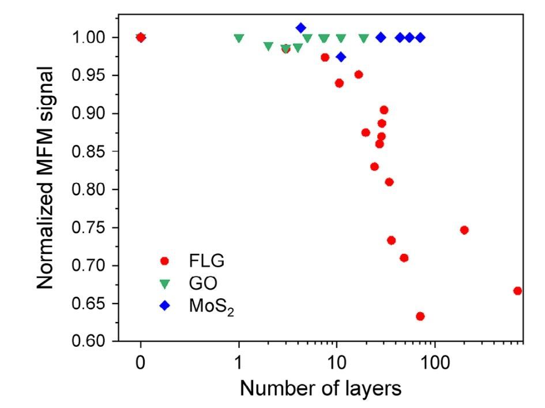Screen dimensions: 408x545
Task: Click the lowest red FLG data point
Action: pyautogui.click(x=420, y=316)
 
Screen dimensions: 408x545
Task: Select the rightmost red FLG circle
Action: pyautogui.click(x=517, y=291)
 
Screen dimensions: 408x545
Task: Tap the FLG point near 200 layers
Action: pyautogui.click(x=464, y=230)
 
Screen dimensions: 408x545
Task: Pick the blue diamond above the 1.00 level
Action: pyautogui.click(x=300, y=28)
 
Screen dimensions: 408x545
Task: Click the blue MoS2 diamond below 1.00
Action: pyautogui.click(x=341, y=57)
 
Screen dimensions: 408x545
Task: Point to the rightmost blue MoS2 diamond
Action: pyautogui.click(x=420, y=38)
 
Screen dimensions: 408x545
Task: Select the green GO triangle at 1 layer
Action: pyautogui.click(x=239, y=38)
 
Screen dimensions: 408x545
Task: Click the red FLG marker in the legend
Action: pyautogui.click(x=164, y=261)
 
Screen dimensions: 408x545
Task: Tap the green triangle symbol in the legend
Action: pyautogui.click(x=164, y=283)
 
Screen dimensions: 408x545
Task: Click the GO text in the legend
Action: pyautogui.click(x=200, y=283)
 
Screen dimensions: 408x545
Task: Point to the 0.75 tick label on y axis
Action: pyautogui.click(x=92, y=227)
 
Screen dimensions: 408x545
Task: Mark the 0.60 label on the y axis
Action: pyautogui.click(x=92, y=342)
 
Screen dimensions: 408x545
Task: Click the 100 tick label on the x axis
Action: pyautogui.click(x=434, y=365)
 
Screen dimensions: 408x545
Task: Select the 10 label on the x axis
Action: pyautogui.click(x=336, y=365)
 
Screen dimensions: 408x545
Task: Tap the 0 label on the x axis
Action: pyautogui.click(x=141, y=365)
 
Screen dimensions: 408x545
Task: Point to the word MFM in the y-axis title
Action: pyautogui.click(x=50, y=149)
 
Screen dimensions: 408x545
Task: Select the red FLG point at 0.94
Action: pyautogui.click(x=339, y=83)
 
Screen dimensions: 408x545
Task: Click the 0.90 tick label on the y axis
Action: pyautogui.click(x=92, y=114)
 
